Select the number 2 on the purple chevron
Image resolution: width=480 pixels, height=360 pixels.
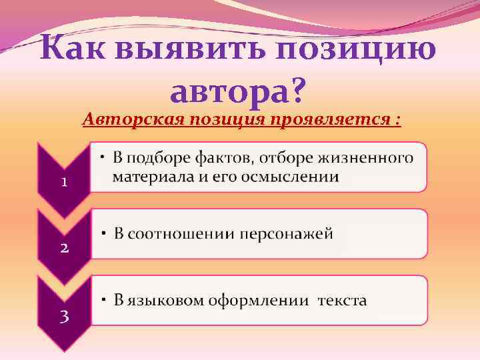pyautogui.click(x=64, y=249)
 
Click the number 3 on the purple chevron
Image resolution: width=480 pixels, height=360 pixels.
pyautogui.click(x=64, y=315)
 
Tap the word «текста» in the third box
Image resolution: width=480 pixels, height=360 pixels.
pyautogui.click(x=342, y=301)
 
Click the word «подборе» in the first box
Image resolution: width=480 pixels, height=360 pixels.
pyautogui.click(x=152, y=159)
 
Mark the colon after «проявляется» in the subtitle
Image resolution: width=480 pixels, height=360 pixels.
pyautogui.click(x=398, y=121)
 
